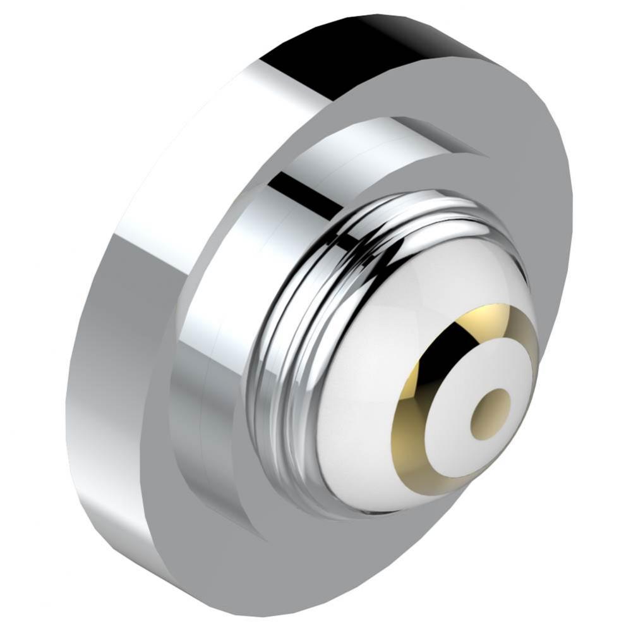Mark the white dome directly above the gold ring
tap(442, 265)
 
